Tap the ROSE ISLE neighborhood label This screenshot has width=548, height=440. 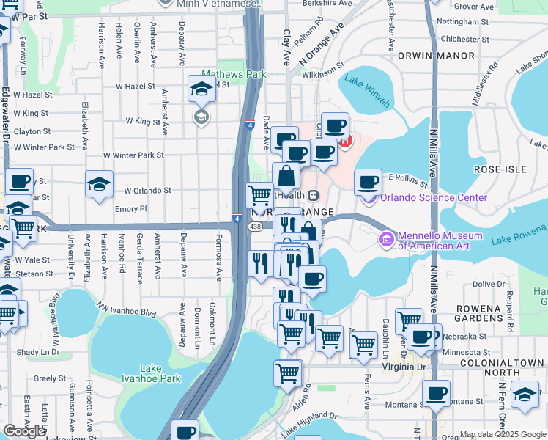[500, 169]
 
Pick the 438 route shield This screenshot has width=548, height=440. [255, 227]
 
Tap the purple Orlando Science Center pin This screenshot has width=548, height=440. [369, 197]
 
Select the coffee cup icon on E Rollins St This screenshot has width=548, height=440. [368, 181]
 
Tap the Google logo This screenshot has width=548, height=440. [24, 430]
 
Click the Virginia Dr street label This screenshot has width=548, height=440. [404, 366]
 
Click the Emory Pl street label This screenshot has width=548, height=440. [131, 209]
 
